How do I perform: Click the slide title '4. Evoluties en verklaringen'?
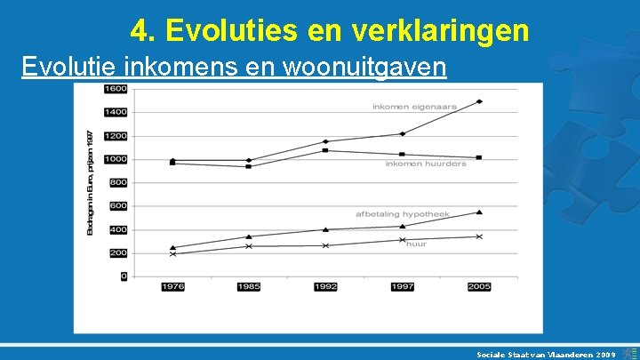[330, 31]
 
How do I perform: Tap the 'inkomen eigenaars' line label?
[414, 107]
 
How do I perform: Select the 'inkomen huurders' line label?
[426, 164]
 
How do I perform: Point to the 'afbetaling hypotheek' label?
[403, 214]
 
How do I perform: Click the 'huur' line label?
[416, 244]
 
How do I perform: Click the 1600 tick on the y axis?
[116, 89]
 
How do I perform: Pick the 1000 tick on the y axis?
[116, 159]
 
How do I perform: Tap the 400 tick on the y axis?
[118, 229]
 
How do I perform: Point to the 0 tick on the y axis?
[124, 276]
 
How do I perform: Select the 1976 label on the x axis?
[172, 286]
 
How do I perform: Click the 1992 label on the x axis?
[325, 286]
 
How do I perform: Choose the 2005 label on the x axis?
[479, 286]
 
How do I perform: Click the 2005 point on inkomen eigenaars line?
[479, 101]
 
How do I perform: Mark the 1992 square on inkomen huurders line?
[325, 150]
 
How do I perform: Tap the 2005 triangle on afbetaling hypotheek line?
[479, 212]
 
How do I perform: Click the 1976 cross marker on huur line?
[172, 253]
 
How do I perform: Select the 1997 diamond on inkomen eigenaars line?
[403, 134]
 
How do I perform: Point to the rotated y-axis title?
[90, 182]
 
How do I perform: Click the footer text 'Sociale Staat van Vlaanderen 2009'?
[546, 353]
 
